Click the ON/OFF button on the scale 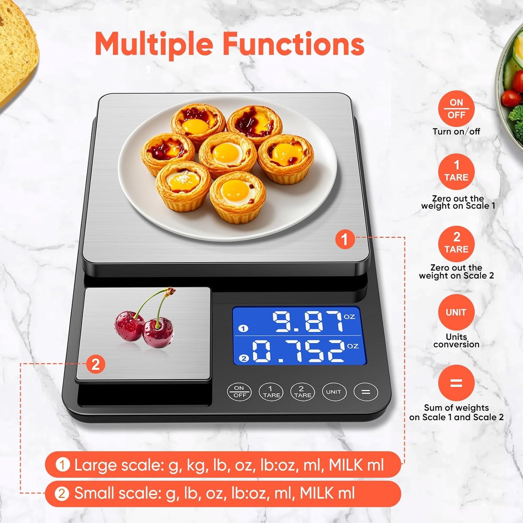[x=239, y=392]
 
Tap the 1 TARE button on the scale [x=271, y=392]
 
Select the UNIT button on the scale [x=334, y=392]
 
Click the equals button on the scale [x=366, y=392]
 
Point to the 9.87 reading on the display [x=308, y=321]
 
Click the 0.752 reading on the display [x=298, y=351]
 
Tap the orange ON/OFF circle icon [x=456, y=109]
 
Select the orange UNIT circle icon [x=456, y=312]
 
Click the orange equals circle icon [x=456, y=383]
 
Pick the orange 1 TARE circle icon [x=456, y=172]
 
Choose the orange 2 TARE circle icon [x=456, y=244]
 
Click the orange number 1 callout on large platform [x=344, y=239]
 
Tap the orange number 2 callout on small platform [x=96, y=364]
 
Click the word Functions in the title [x=293, y=44]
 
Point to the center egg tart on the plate [x=228, y=154]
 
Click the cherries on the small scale [x=145, y=326]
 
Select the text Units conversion [x=456, y=341]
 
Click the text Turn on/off [x=456, y=131]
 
